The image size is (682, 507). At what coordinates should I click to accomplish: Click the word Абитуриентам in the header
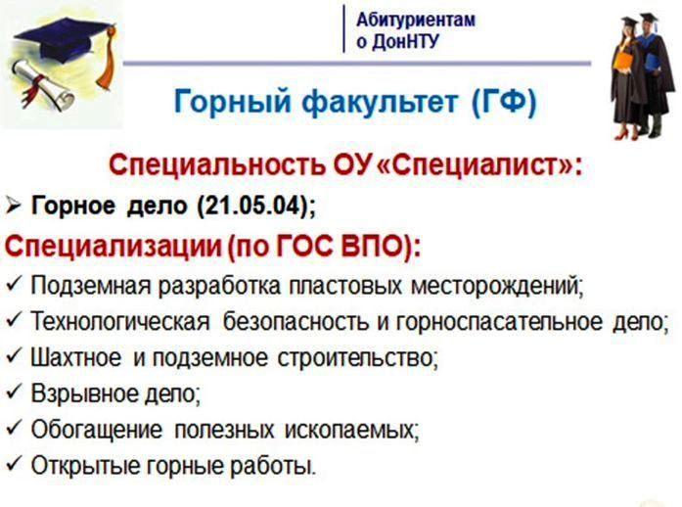point(416,20)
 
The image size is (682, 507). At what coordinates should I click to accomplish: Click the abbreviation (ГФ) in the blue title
point(504,102)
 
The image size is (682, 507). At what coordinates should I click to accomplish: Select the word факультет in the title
point(379,102)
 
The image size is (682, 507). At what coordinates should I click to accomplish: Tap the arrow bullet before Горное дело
point(13,206)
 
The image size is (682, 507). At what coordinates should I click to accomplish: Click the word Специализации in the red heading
point(114,247)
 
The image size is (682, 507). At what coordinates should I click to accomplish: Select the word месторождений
point(497,287)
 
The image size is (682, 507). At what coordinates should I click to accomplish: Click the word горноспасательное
point(499,322)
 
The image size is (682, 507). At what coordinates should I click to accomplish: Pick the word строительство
point(357,358)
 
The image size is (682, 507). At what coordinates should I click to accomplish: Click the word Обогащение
point(97,431)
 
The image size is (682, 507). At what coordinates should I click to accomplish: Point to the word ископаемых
point(350,431)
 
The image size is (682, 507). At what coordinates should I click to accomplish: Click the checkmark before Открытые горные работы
point(13,464)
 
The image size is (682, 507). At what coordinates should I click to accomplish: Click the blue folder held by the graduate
point(653,62)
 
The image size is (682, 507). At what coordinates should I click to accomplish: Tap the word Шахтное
point(76,358)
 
